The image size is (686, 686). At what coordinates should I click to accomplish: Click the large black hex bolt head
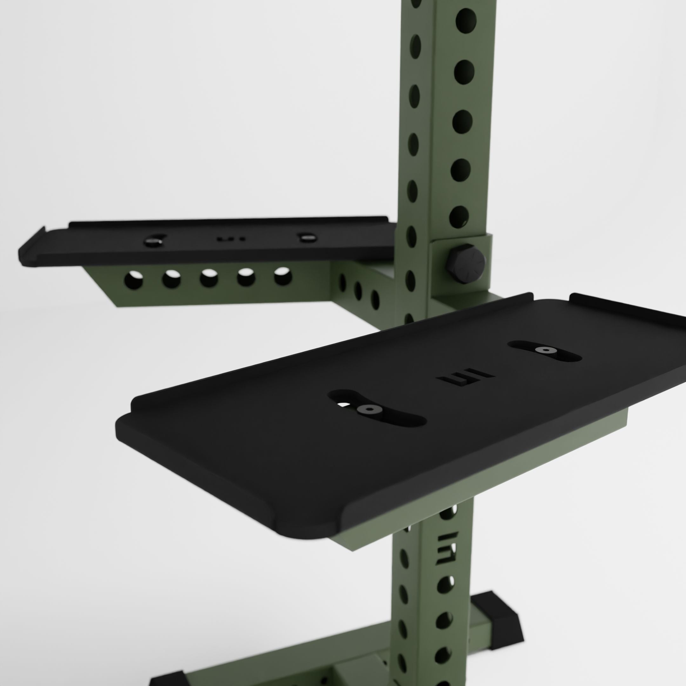tap(466, 264)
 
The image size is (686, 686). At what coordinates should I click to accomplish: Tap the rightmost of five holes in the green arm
tap(283, 276)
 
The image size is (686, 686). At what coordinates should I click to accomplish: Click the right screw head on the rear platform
tap(306, 237)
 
